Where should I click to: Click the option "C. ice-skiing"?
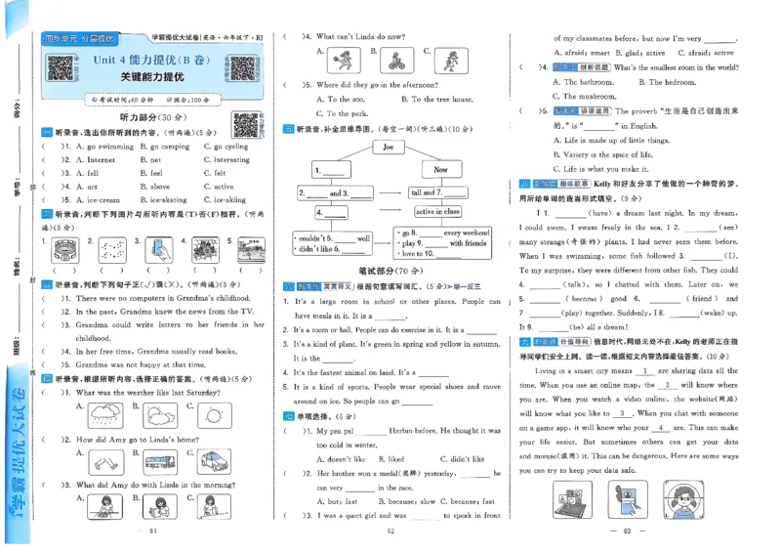click(227, 200)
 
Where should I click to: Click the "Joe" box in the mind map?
click(388, 148)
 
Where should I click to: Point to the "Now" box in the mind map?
click(440, 169)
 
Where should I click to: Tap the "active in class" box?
click(437, 211)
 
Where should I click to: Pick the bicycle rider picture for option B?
click(393, 61)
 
